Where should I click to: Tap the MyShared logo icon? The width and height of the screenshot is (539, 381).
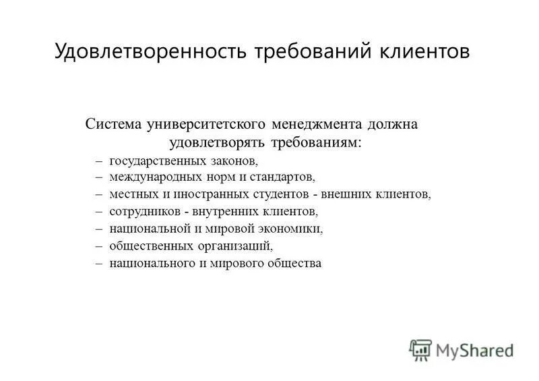coord(421,350)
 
